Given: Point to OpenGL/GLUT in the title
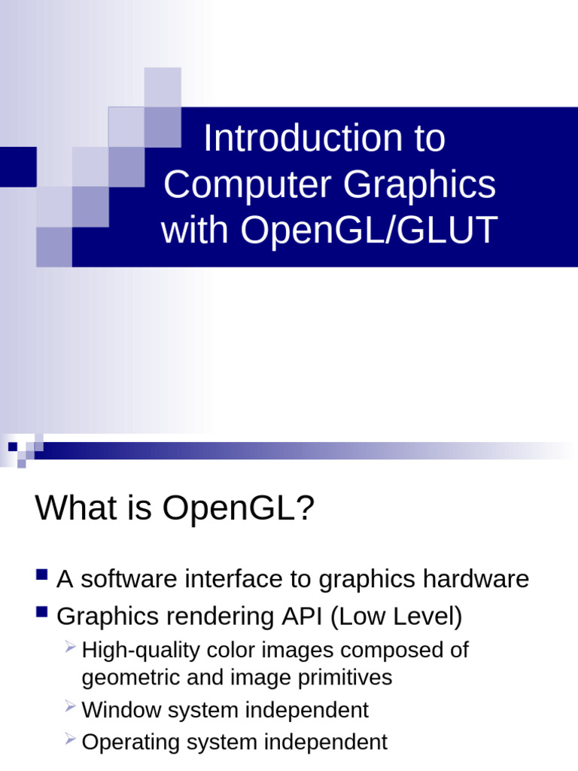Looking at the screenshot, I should [369, 230].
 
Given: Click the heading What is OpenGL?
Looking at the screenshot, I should [174, 508].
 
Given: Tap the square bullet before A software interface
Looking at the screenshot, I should [42, 576].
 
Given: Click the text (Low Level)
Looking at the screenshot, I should [396, 617].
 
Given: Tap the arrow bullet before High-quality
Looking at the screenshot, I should [70, 646].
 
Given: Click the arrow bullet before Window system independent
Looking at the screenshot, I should [70, 706].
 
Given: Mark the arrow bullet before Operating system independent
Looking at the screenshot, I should [70, 739].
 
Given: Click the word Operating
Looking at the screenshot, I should [126, 743].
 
